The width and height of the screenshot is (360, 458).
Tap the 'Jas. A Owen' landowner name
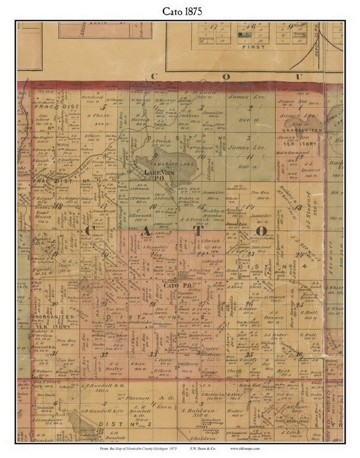pos(162,309)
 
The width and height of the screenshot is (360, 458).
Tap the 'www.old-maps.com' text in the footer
pos(245,448)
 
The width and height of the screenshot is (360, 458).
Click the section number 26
pos(248,304)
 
